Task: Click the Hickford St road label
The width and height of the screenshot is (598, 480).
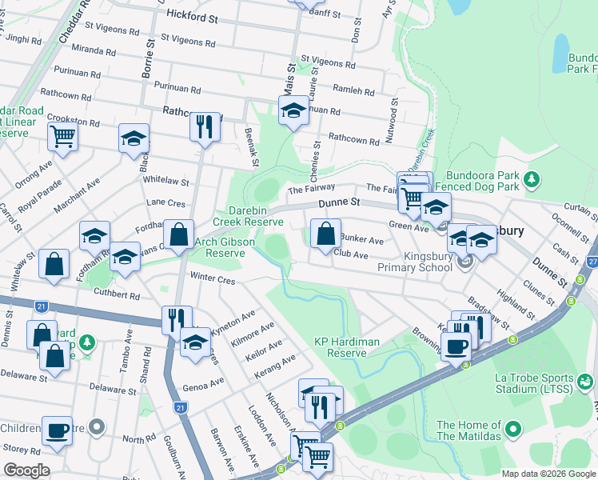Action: click(x=193, y=15)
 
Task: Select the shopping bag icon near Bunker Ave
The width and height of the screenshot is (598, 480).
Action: click(x=325, y=234)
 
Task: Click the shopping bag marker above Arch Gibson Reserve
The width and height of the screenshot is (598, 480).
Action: click(x=179, y=235)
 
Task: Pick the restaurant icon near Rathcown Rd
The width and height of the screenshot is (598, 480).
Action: click(x=205, y=126)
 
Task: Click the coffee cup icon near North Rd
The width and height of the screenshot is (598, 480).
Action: click(x=57, y=430)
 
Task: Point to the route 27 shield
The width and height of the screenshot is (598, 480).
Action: click(x=592, y=262)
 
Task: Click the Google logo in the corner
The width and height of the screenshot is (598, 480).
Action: click(x=26, y=470)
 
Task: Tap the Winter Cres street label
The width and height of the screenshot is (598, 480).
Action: click(x=213, y=279)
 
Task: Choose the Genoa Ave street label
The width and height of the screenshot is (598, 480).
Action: click(x=204, y=382)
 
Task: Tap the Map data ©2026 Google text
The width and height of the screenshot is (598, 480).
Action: click(x=548, y=474)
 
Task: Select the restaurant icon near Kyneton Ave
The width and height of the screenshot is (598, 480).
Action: click(x=176, y=318)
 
